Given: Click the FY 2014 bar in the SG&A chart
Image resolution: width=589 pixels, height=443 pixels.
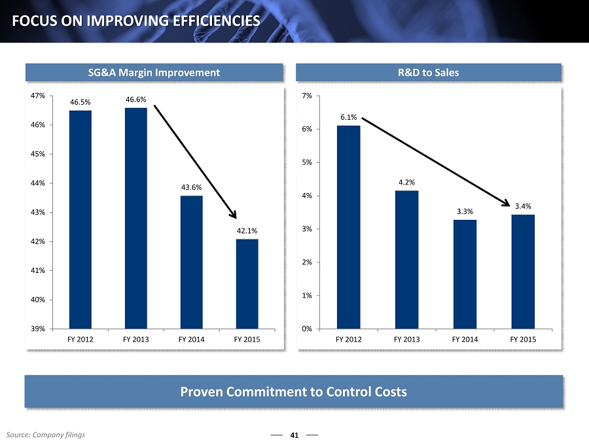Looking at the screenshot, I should click(192, 262).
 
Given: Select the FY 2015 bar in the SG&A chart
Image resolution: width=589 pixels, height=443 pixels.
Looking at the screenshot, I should click(247, 283).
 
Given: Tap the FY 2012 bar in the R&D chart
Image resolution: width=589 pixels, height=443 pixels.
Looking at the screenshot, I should click(348, 226).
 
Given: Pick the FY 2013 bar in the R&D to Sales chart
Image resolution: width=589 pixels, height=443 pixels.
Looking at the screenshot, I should click(406, 259).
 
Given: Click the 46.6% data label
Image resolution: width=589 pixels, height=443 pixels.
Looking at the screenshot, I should click(136, 99).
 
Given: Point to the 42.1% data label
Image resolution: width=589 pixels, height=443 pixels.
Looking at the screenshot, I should click(247, 230).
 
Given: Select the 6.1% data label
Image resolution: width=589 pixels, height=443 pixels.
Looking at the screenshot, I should click(348, 117).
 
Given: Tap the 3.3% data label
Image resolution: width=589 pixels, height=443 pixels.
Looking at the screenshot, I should click(465, 211).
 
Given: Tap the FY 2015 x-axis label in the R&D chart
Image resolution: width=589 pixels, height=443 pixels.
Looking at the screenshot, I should click(523, 340).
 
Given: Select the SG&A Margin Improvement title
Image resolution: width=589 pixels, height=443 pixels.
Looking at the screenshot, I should click(154, 73).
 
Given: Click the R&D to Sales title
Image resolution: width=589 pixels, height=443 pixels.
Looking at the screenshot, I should click(429, 73).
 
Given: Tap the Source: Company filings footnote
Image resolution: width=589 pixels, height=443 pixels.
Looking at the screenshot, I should click(46, 434).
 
